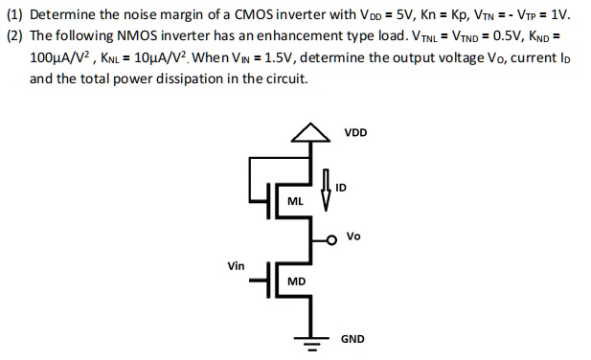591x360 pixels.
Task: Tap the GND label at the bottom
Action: [352, 339]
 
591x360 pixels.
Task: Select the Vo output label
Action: [353, 236]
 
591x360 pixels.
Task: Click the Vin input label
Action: [235, 265]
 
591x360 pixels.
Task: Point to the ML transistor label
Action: [296, 201]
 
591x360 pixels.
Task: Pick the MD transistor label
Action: [296, 281]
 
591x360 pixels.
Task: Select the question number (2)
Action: [14, 36]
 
